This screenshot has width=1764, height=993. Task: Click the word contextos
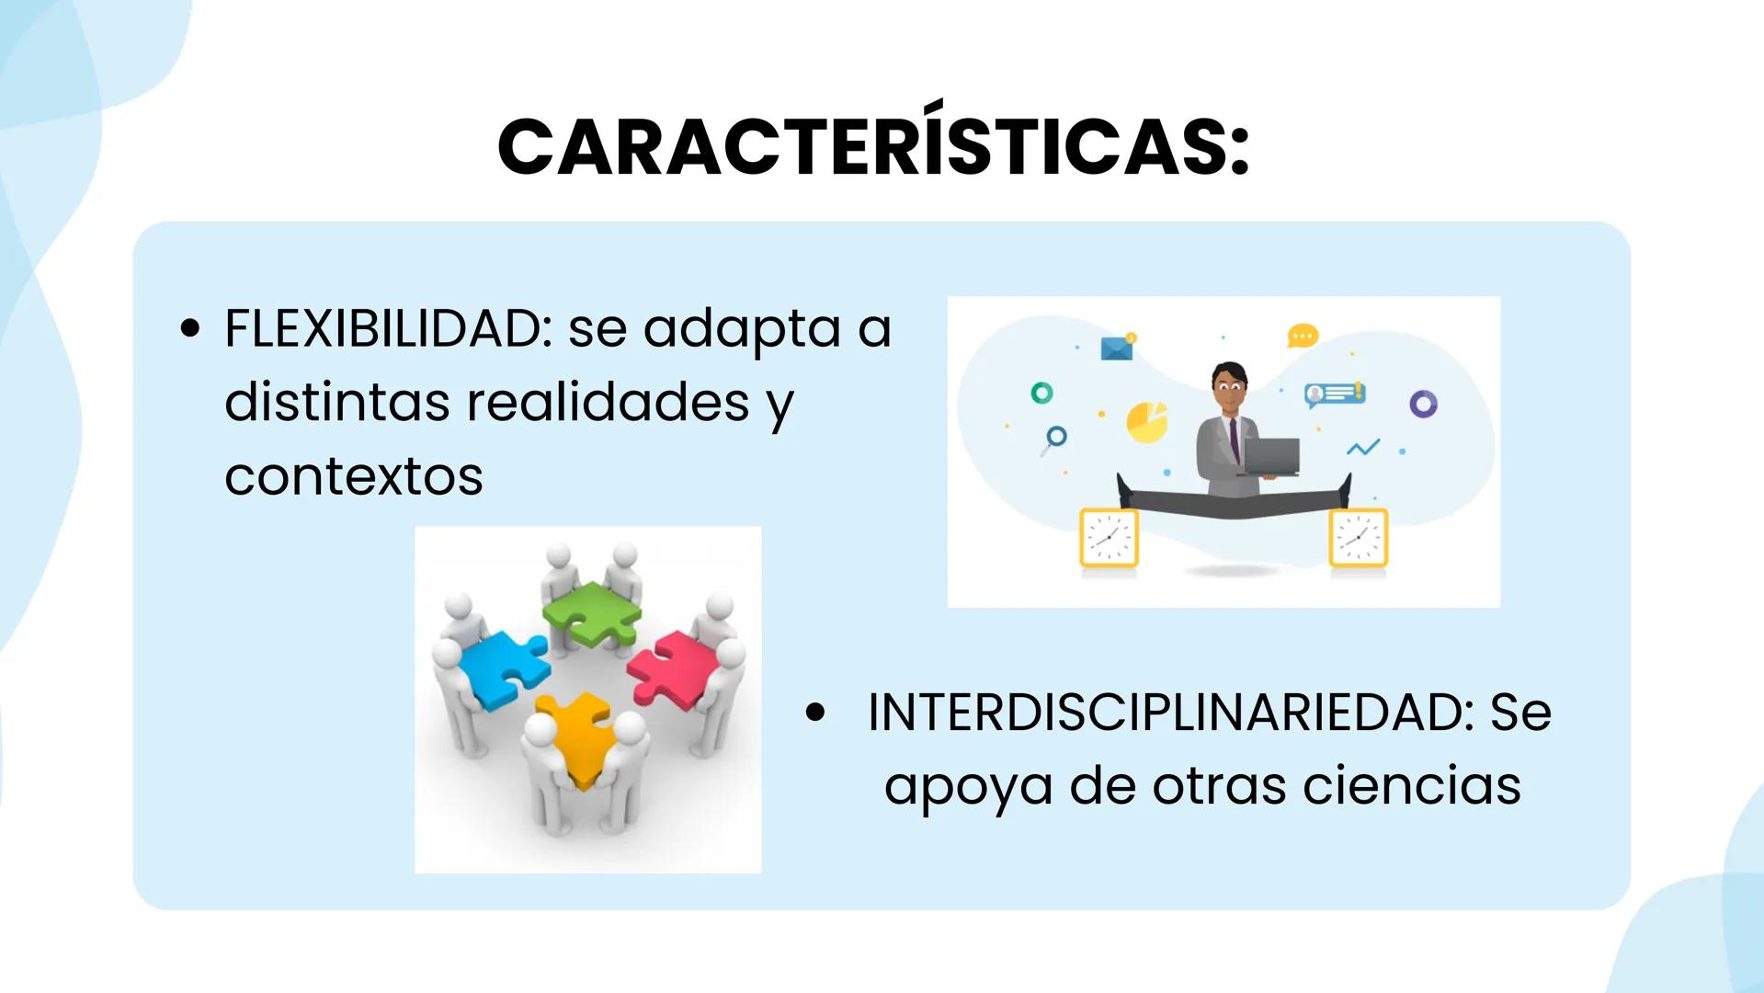point(353,476)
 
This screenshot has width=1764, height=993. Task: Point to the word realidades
point(608,402)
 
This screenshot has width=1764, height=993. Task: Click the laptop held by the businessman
point(1270,457)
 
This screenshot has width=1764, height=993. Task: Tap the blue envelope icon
point(1117,348)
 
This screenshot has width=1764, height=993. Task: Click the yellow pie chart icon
point(1146,422)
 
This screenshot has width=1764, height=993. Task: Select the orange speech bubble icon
point(1303,336)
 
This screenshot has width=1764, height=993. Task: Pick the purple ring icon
point(1423,404)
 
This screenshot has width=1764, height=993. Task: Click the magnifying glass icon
point(1054,439)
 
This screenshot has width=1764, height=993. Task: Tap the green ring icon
point(1041,394)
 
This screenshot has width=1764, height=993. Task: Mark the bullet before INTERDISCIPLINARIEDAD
point(814,713)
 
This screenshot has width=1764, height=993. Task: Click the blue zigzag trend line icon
point(1362,448)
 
